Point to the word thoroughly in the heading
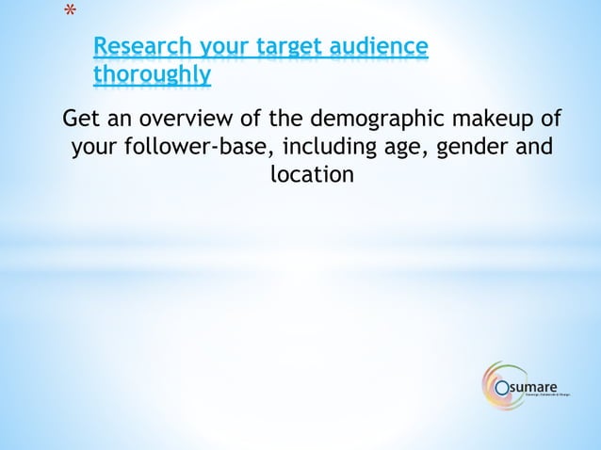[152, 74]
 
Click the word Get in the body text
[79, 121]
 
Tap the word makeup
[510, 121]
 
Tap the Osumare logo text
[534, 385]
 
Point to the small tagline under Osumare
[547, 394]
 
